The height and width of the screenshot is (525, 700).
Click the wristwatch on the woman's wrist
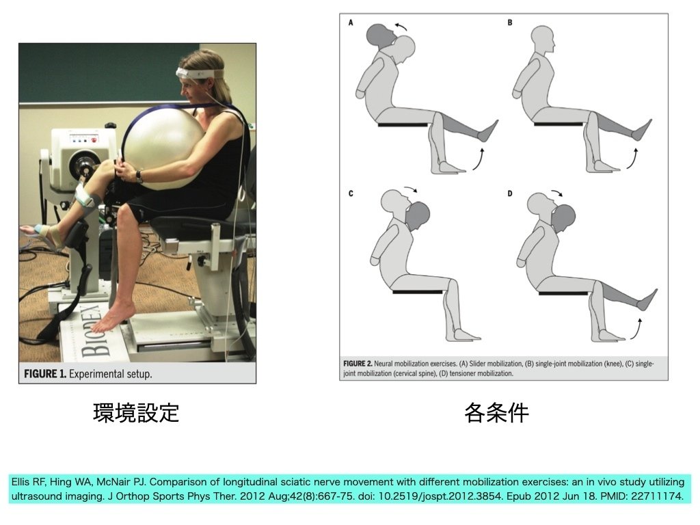tap(139, 177)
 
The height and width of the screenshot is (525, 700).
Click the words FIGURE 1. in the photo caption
tap(45, 374)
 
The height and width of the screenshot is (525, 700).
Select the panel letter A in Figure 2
tap(351, 23)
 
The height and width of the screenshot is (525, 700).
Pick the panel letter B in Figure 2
tap(510, 23)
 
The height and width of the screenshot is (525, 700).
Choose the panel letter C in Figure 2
tap(351, 193)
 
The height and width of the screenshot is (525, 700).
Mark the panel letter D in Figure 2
tap(510, 193)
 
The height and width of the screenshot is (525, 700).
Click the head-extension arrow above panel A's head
tap(401, 26)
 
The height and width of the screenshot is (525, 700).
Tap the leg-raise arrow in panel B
tap(632, 159)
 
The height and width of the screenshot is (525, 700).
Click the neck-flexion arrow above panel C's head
tap(411, 189)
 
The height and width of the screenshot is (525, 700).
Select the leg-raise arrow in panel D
tap(636, 329)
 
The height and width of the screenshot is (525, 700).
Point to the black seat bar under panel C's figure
tap(418, 292)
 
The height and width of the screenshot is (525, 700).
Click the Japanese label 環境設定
tap(136, 412)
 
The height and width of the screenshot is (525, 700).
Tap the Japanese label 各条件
tap(496, 412)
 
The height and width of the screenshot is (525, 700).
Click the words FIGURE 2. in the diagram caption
tap(358, 364)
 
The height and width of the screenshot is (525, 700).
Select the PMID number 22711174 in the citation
tap(657, 496)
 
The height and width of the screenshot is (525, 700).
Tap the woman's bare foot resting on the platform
tap(111, 319)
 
